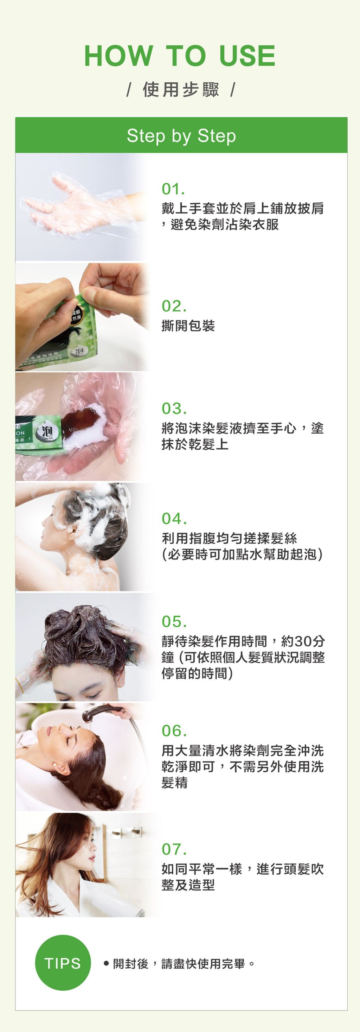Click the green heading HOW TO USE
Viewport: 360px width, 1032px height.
click(180, 56)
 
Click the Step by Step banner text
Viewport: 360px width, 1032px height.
click(181, 136)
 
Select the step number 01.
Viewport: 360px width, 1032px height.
click(173, 189)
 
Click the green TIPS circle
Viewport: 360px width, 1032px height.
click(63, 963)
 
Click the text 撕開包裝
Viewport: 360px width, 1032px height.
click(188, 326)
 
